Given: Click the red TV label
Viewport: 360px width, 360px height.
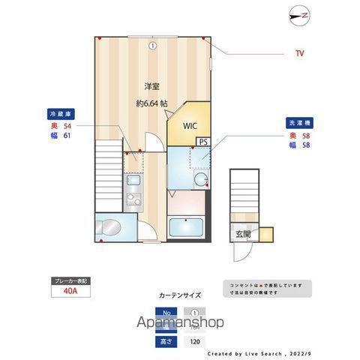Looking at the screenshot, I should tap(299, 53).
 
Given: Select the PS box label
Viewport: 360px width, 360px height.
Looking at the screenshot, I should tap(203, 141).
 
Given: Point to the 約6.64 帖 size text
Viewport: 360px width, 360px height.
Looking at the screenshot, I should tap(151, 103).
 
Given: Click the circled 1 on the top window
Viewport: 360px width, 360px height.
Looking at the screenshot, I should tap(152, 45).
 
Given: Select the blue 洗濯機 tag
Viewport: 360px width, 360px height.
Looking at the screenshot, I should tap(299, 122).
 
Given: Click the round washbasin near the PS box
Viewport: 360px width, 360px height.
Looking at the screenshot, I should tap(202, 178).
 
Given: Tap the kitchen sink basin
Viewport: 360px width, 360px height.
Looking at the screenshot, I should tap(133, 181).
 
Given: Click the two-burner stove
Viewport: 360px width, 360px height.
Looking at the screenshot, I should tap(133, 199).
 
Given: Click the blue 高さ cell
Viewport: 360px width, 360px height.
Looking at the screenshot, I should tap(169, 340).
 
